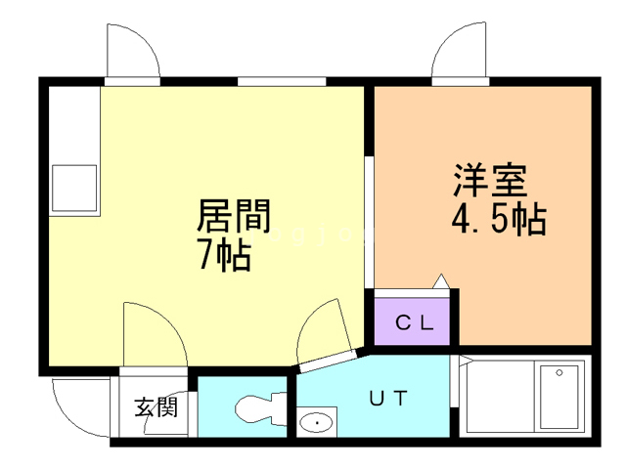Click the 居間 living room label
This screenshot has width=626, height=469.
coord(234,216)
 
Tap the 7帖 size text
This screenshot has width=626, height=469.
coord(225,254)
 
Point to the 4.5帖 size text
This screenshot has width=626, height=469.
coord(499,219)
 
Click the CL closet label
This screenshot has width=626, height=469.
coord(414,322)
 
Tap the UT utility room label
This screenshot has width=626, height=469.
coord(388,398)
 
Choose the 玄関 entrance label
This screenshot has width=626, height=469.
coord(156,407)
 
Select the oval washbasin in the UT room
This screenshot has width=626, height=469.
coord(317,423)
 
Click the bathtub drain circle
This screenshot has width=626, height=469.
coord(559,373)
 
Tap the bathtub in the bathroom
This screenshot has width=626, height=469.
coord(559,397)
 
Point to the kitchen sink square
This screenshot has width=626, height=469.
coord(74,188)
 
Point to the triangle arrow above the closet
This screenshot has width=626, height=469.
coord(441,281)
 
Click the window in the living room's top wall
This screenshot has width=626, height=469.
coord(282,82)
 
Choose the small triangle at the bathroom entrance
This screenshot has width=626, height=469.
coord(465,361)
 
